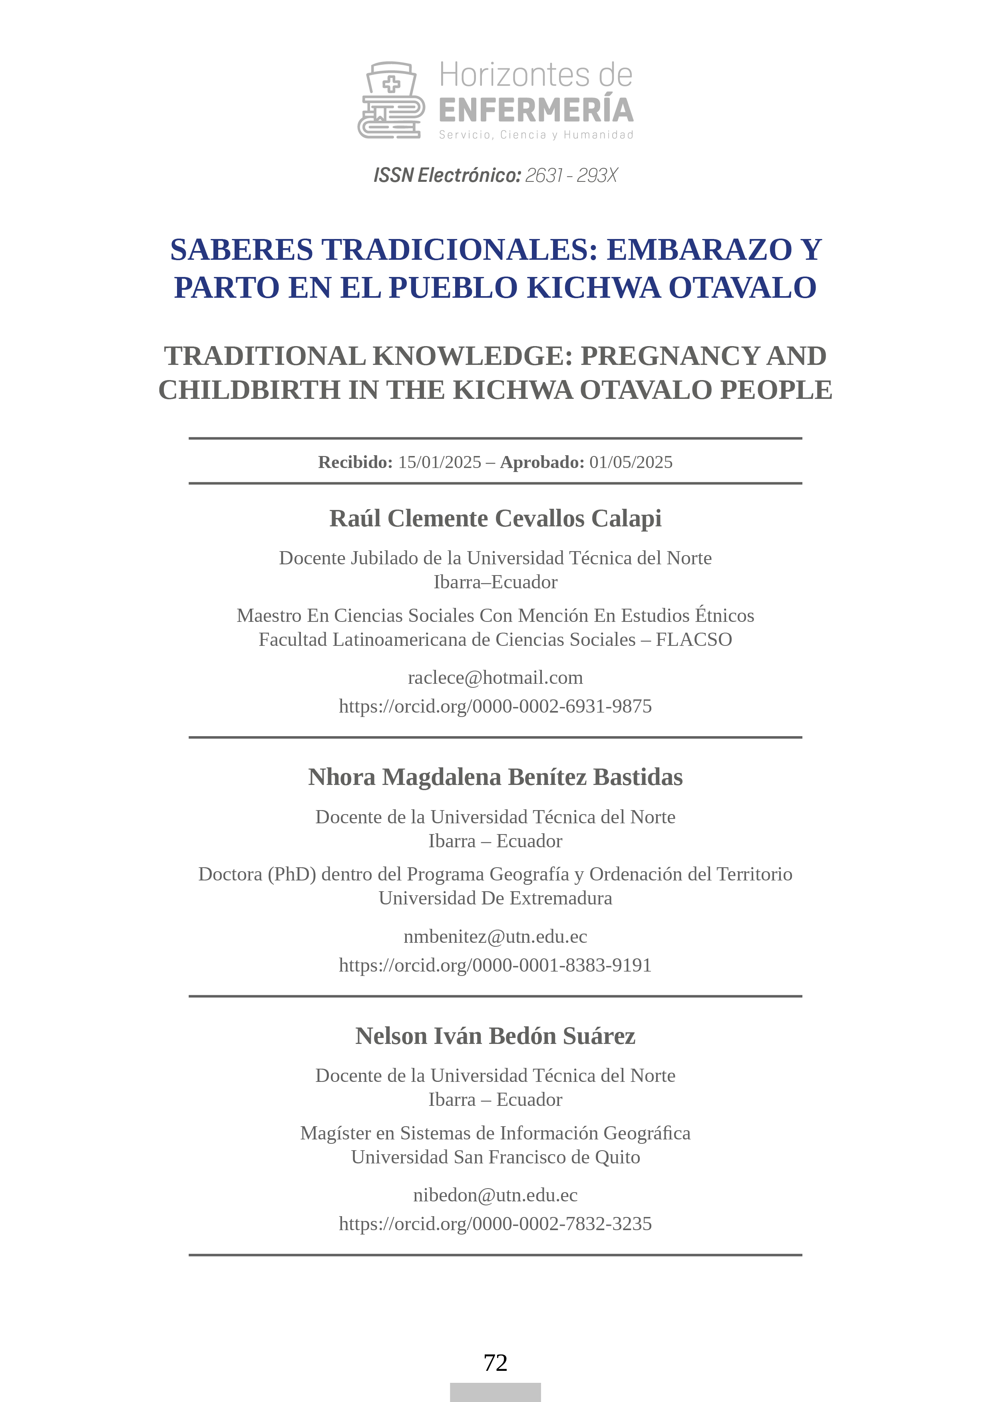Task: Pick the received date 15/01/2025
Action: [440, 462]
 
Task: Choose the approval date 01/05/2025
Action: [631, 462]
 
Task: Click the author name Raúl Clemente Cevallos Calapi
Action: [495, 518]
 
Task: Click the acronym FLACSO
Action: [694, 639]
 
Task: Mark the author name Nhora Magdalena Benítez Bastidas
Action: [495, 777]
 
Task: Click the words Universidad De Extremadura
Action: [495, 898]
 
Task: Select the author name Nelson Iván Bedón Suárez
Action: [495, 1036]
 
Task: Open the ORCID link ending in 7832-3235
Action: [495, 1224]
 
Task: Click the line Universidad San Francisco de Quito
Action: [495, 1157]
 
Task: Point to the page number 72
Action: [495, 1363]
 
